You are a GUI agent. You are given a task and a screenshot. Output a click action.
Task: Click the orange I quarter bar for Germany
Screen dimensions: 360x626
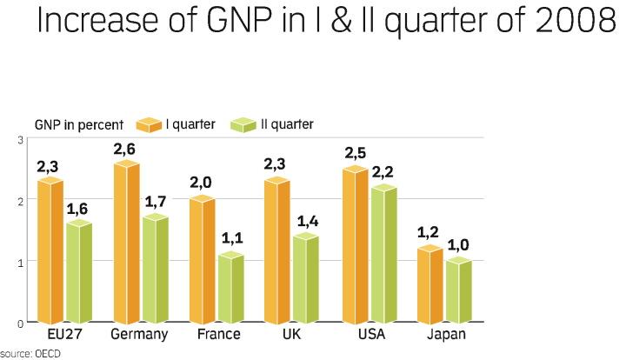coord(127,243)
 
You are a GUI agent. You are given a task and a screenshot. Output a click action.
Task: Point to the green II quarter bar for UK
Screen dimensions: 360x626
coord(307,279)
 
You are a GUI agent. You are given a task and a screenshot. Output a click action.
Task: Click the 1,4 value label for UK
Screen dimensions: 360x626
coord(307,221)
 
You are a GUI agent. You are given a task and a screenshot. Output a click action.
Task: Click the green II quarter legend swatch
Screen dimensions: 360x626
coord(243,125)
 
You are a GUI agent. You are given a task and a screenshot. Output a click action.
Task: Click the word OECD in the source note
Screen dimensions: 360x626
coord(48,354)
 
